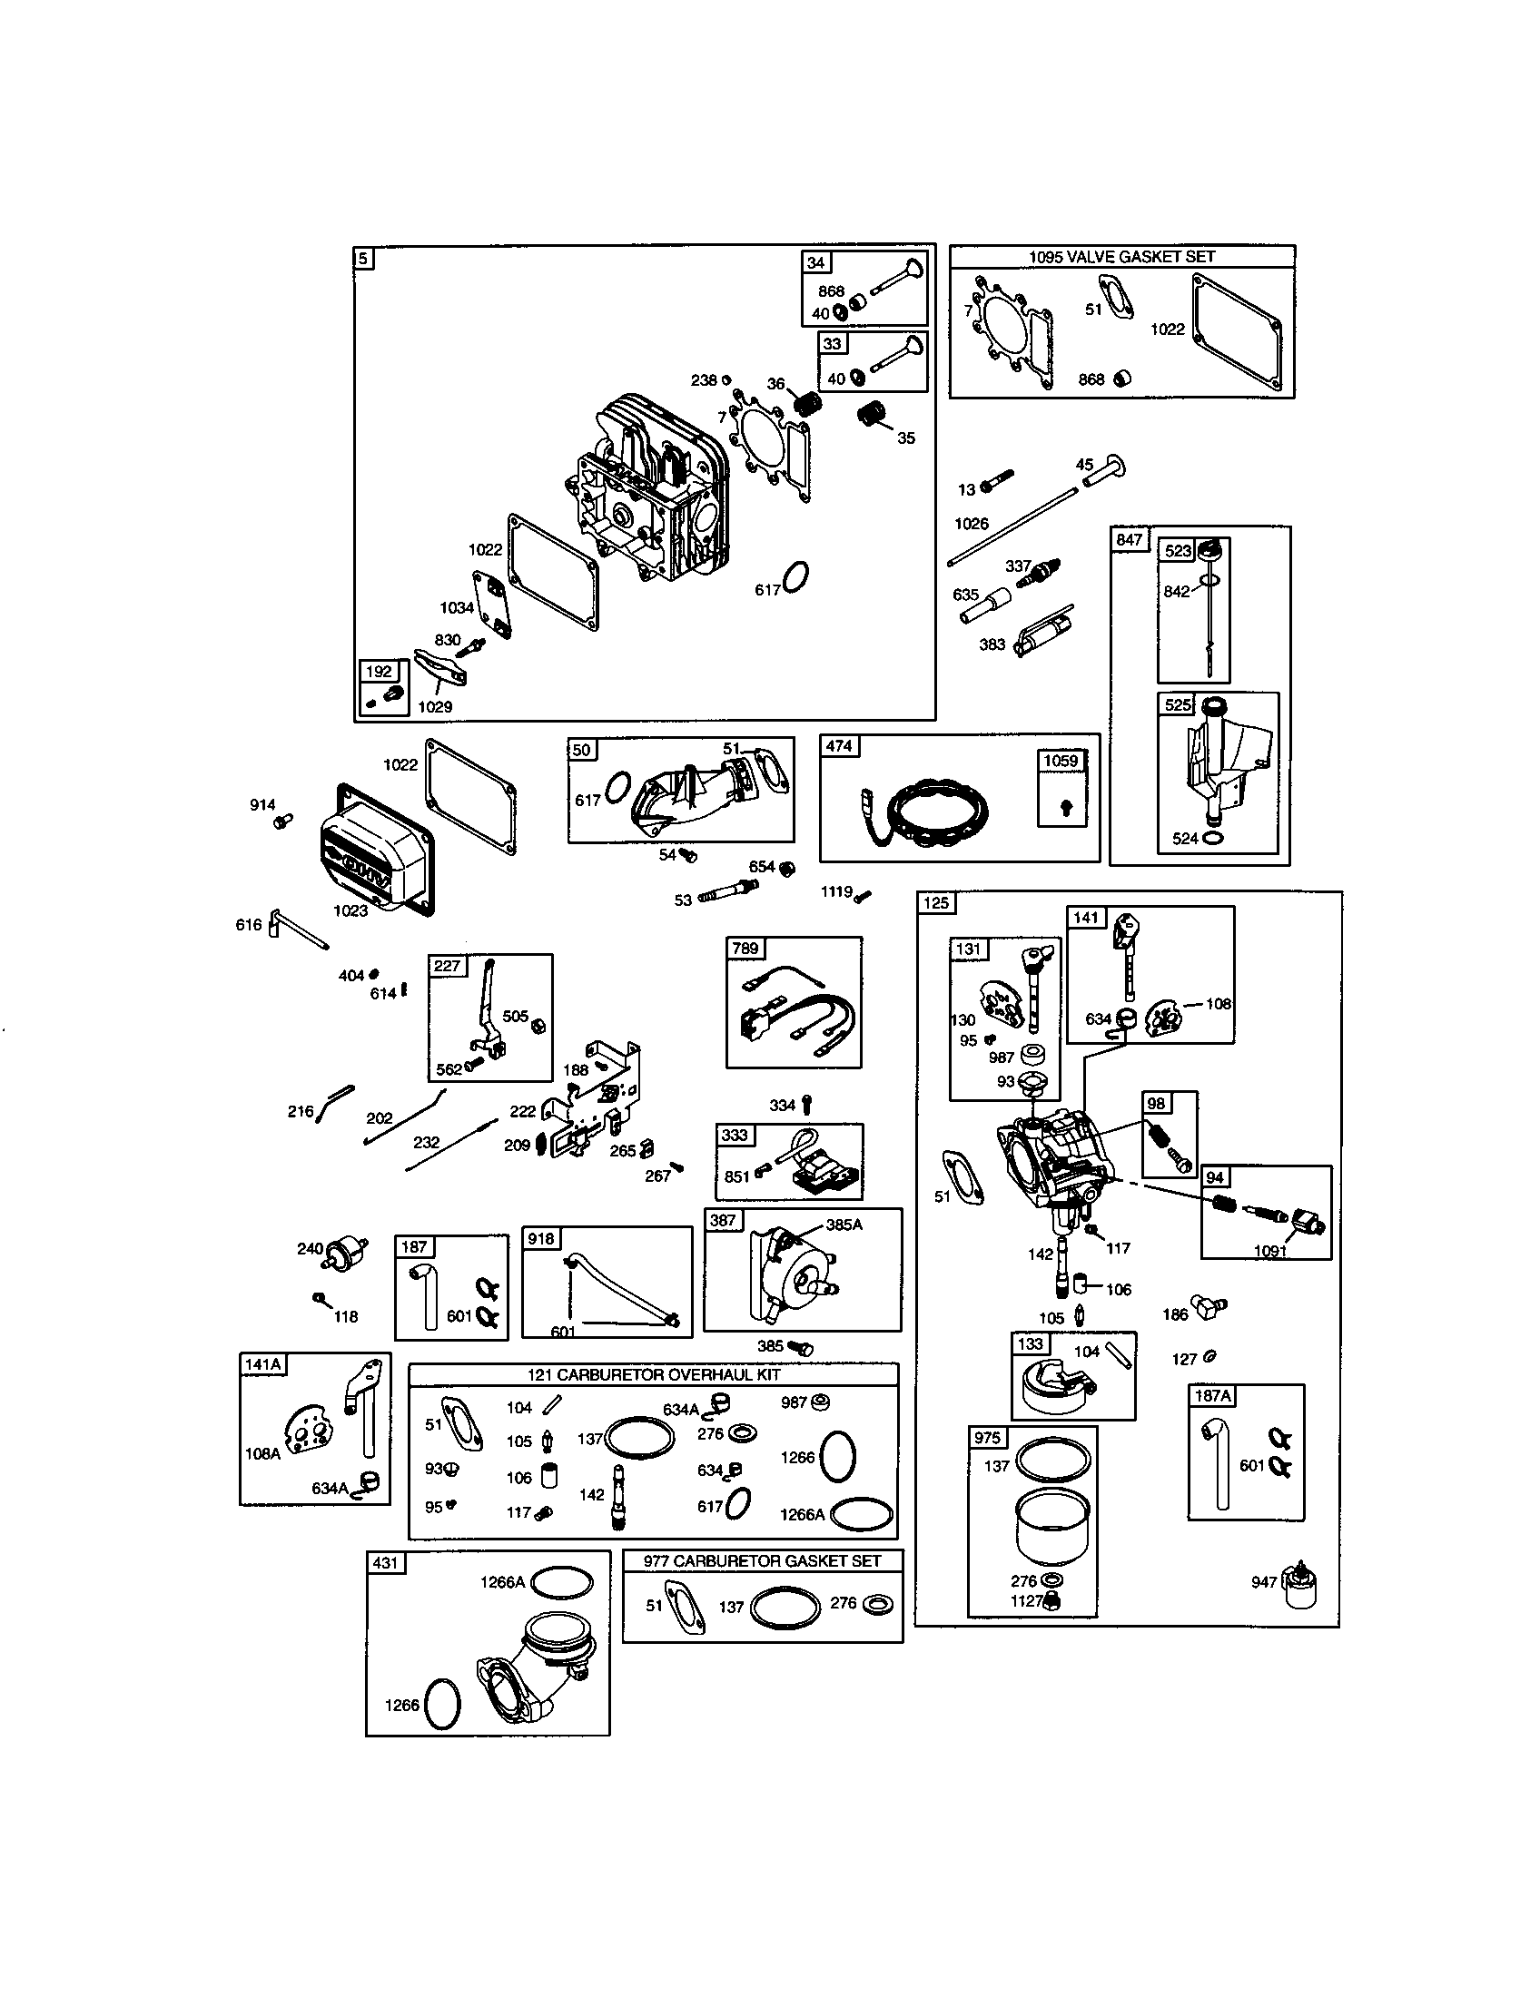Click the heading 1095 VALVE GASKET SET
coord(1121,257)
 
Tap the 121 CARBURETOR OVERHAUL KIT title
coord(653,1375)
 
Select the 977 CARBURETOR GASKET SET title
coord(762,1561)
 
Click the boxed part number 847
coord(1129,539)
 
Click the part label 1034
coord(457,607)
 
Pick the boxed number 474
coord(839,746)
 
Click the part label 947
coord(1263,1582)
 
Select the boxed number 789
coord(745,949)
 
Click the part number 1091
coord(1270,1251)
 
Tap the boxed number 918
coord(540,1238)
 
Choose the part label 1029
coord(434,706)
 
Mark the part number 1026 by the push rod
coord(972,523)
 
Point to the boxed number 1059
coord(1061,761)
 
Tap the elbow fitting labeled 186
coord(1208,1307)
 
